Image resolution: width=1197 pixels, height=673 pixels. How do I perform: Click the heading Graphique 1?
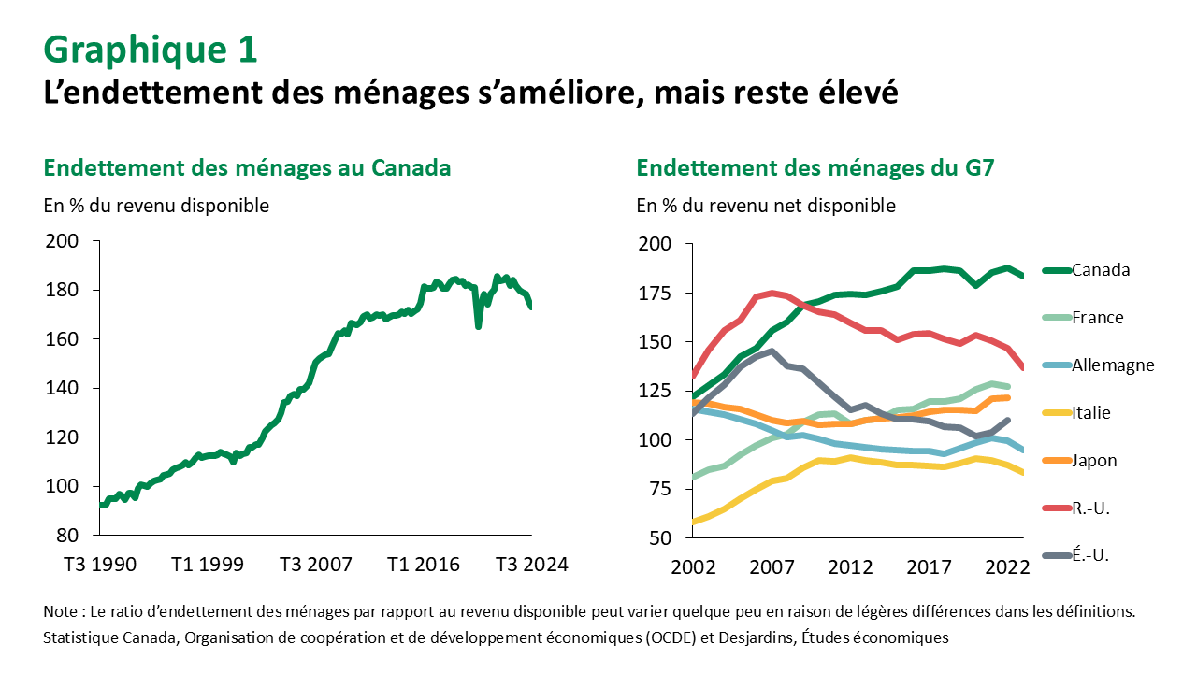[151, 50]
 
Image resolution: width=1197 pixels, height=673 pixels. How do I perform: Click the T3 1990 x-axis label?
[100, 565]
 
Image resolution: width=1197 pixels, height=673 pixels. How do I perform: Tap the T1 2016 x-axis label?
[425, 565]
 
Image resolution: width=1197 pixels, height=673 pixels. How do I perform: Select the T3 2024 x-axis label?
[532, 565]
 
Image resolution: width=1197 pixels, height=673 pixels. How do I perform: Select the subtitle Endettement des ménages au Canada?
[248, 168]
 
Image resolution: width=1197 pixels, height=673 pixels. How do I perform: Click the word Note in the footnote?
[61, 611]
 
